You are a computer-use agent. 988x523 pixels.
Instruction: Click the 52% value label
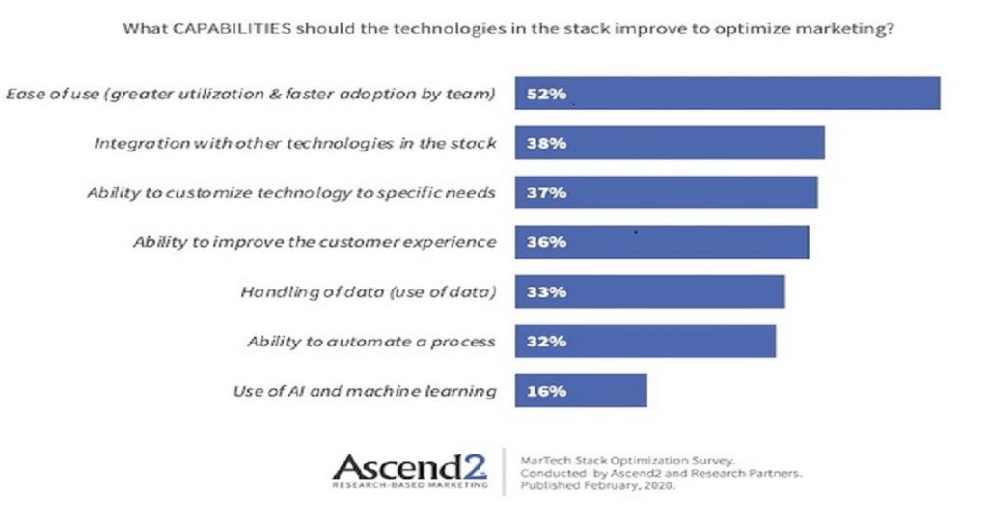[x=546, y=94]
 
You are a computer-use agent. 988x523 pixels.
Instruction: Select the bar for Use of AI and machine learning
[x=581, y=391]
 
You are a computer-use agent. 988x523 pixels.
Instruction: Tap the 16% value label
[x=546, y=392]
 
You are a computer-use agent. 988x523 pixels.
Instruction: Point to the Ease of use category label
[x=251, y=94]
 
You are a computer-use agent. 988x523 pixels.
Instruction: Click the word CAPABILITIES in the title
[x=232, y=29]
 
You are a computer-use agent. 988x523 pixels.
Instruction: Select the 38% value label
[x=546, y=143]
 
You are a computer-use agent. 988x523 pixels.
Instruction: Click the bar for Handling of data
[x=649, y=291]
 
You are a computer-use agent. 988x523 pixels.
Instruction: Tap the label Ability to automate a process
[x=371, y=342]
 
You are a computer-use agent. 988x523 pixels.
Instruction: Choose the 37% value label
[x=546, y=193]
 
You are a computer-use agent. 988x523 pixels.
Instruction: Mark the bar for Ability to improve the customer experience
[x=662, y=242]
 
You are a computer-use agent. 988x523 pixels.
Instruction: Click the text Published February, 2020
[x=597, y=485]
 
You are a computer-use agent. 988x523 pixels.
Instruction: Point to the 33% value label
[x=546, y=292]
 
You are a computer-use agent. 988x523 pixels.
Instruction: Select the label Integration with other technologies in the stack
[x=295, y=144]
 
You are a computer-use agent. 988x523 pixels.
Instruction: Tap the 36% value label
[x=546, y=242]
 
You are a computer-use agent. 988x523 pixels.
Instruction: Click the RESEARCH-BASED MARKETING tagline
[x=409, y=485]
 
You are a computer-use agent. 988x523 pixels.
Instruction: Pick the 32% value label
[x=546, y=342]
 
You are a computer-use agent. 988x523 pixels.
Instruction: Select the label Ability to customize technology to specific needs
[x=291, y=193]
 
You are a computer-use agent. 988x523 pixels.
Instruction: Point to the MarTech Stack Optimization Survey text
[x=627, y=460]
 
